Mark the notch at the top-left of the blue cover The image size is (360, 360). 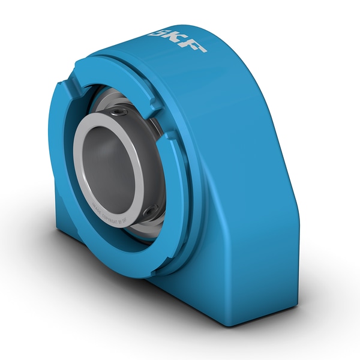77,90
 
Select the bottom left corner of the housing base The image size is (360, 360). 60,231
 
